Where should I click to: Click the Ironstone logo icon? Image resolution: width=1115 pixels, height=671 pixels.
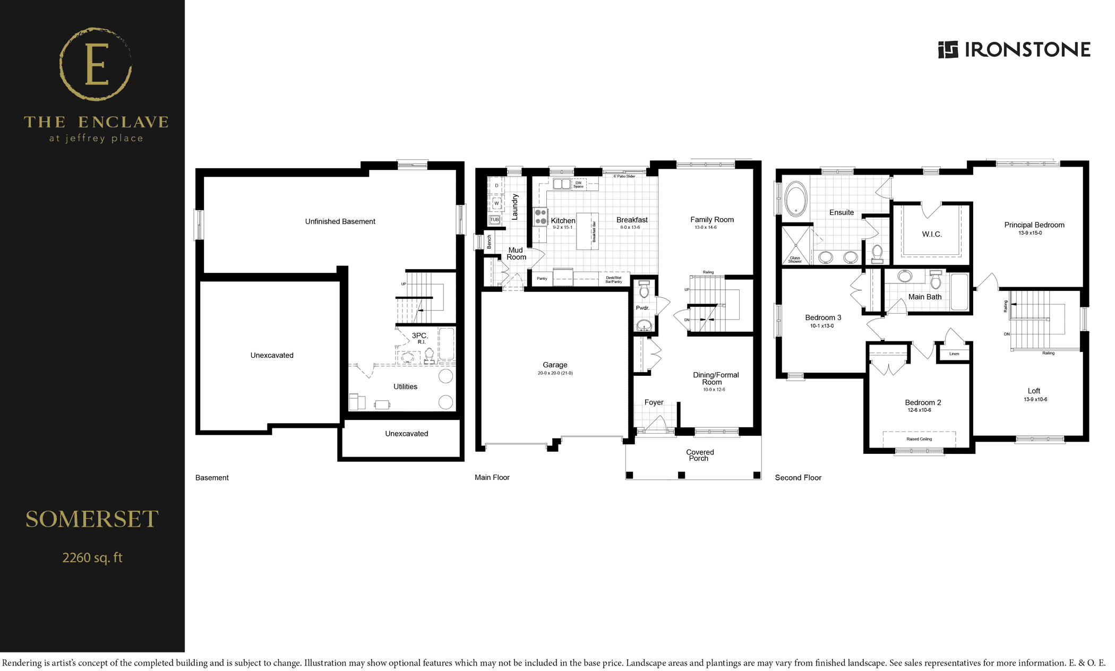point(948,49)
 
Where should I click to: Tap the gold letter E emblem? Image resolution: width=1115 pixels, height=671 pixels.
point(96,65)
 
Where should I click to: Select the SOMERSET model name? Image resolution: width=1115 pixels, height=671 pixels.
point(92,519)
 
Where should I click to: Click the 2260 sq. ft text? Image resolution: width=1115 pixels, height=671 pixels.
point(92,558)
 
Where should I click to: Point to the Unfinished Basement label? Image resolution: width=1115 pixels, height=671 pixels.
point(340,221)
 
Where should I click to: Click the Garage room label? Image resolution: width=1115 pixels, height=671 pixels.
point(555,365)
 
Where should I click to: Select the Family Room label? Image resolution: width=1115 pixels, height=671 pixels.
point(712,220)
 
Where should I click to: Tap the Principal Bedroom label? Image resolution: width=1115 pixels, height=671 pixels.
point(1034,225)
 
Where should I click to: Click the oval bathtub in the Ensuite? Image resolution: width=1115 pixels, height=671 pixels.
point(796,199)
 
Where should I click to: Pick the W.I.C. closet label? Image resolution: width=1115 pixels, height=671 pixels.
point(932,234)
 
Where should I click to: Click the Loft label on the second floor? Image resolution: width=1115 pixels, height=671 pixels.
point(1034,391)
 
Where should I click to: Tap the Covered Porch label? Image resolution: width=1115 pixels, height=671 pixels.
point(700,455)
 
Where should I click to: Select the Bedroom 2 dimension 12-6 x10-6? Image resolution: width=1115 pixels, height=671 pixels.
point(919,410)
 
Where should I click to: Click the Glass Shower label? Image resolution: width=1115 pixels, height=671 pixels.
point(795,260)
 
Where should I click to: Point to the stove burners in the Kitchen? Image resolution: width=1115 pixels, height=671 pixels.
point(541,217)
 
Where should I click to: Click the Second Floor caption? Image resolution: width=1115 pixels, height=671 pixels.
point(798,478)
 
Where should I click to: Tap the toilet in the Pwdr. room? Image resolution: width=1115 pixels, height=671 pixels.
point(644,289)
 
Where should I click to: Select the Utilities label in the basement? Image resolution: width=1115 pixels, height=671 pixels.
point(405,386)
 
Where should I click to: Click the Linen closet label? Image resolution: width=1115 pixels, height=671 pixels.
point(954,354)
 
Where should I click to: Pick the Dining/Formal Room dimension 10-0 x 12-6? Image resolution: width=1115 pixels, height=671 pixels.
point(714,390)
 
